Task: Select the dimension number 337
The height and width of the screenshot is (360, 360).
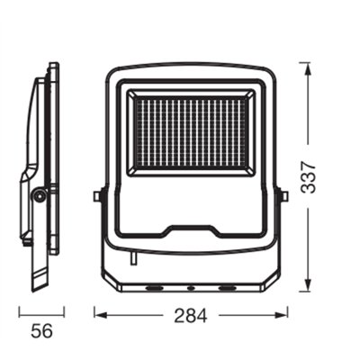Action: (x=308, y=177)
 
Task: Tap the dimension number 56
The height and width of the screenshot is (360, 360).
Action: (x=41, y=331)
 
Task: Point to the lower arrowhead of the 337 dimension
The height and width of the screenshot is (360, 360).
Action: (x=308, y=283)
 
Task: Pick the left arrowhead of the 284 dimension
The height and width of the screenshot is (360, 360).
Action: (x=102, y=315)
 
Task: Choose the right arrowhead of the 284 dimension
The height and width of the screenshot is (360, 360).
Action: (x=281, y=315)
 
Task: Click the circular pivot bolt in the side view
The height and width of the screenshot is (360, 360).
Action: (x=40, y=195)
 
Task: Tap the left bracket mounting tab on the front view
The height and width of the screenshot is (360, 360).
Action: (x=97, y=196)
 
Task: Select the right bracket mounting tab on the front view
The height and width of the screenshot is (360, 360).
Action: (x=283, y=196)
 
